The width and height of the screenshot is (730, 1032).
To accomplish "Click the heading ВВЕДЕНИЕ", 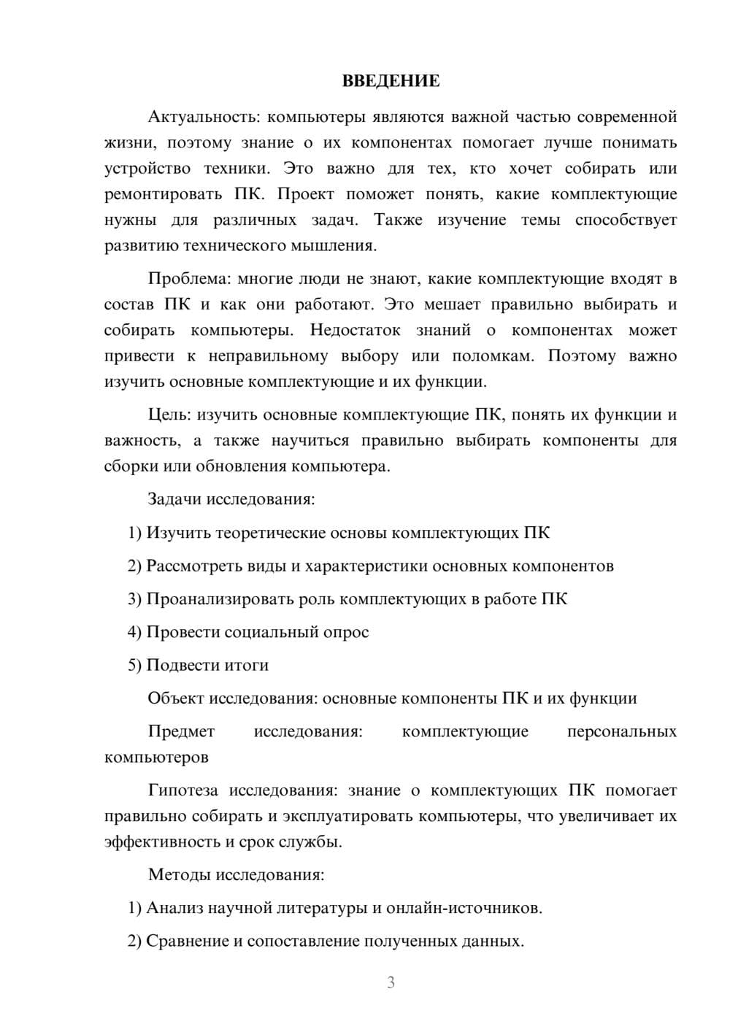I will coord(391,81).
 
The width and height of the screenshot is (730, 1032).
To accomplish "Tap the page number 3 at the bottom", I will coord(391,982).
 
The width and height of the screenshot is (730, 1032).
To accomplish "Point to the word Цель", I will coord(168,415).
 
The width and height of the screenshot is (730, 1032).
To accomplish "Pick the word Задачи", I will coord(175,500).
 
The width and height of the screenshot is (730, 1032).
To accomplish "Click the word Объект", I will coord(176,698).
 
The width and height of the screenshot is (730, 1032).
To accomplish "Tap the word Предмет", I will coord(181,731).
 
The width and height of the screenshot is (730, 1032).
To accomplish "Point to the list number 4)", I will coord(134,632).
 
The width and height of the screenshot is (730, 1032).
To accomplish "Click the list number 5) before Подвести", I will coord(134,665).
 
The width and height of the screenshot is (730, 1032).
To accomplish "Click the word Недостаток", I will coord(355,331).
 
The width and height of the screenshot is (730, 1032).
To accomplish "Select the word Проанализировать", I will coord(221,599).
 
